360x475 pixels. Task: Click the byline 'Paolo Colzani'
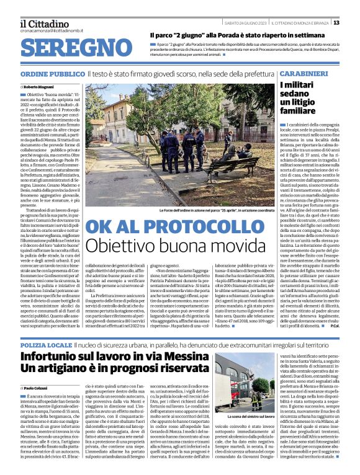coord(37,386)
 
